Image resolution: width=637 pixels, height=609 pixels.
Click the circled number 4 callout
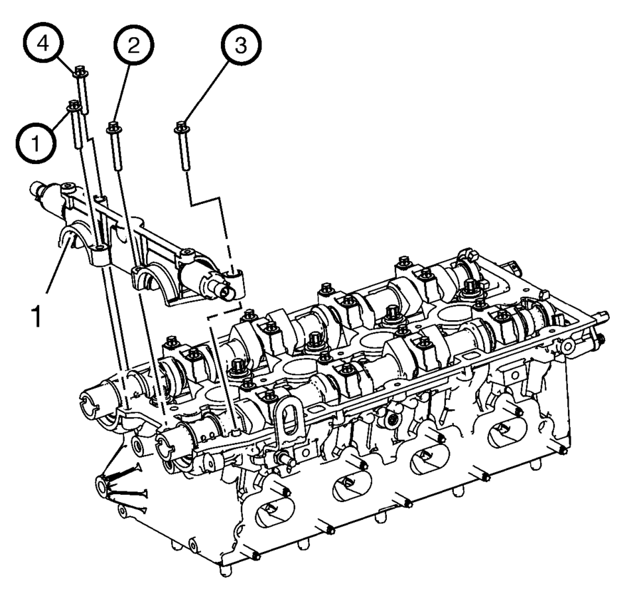[43, 43]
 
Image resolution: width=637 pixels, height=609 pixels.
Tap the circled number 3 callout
[241, 44]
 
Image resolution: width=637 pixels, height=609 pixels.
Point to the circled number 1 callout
[36, 143]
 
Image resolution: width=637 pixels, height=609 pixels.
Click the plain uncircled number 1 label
[36, 317]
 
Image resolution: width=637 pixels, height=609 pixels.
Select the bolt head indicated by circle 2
[113, 128]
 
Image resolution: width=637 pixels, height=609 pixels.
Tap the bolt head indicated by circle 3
[182, 128]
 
